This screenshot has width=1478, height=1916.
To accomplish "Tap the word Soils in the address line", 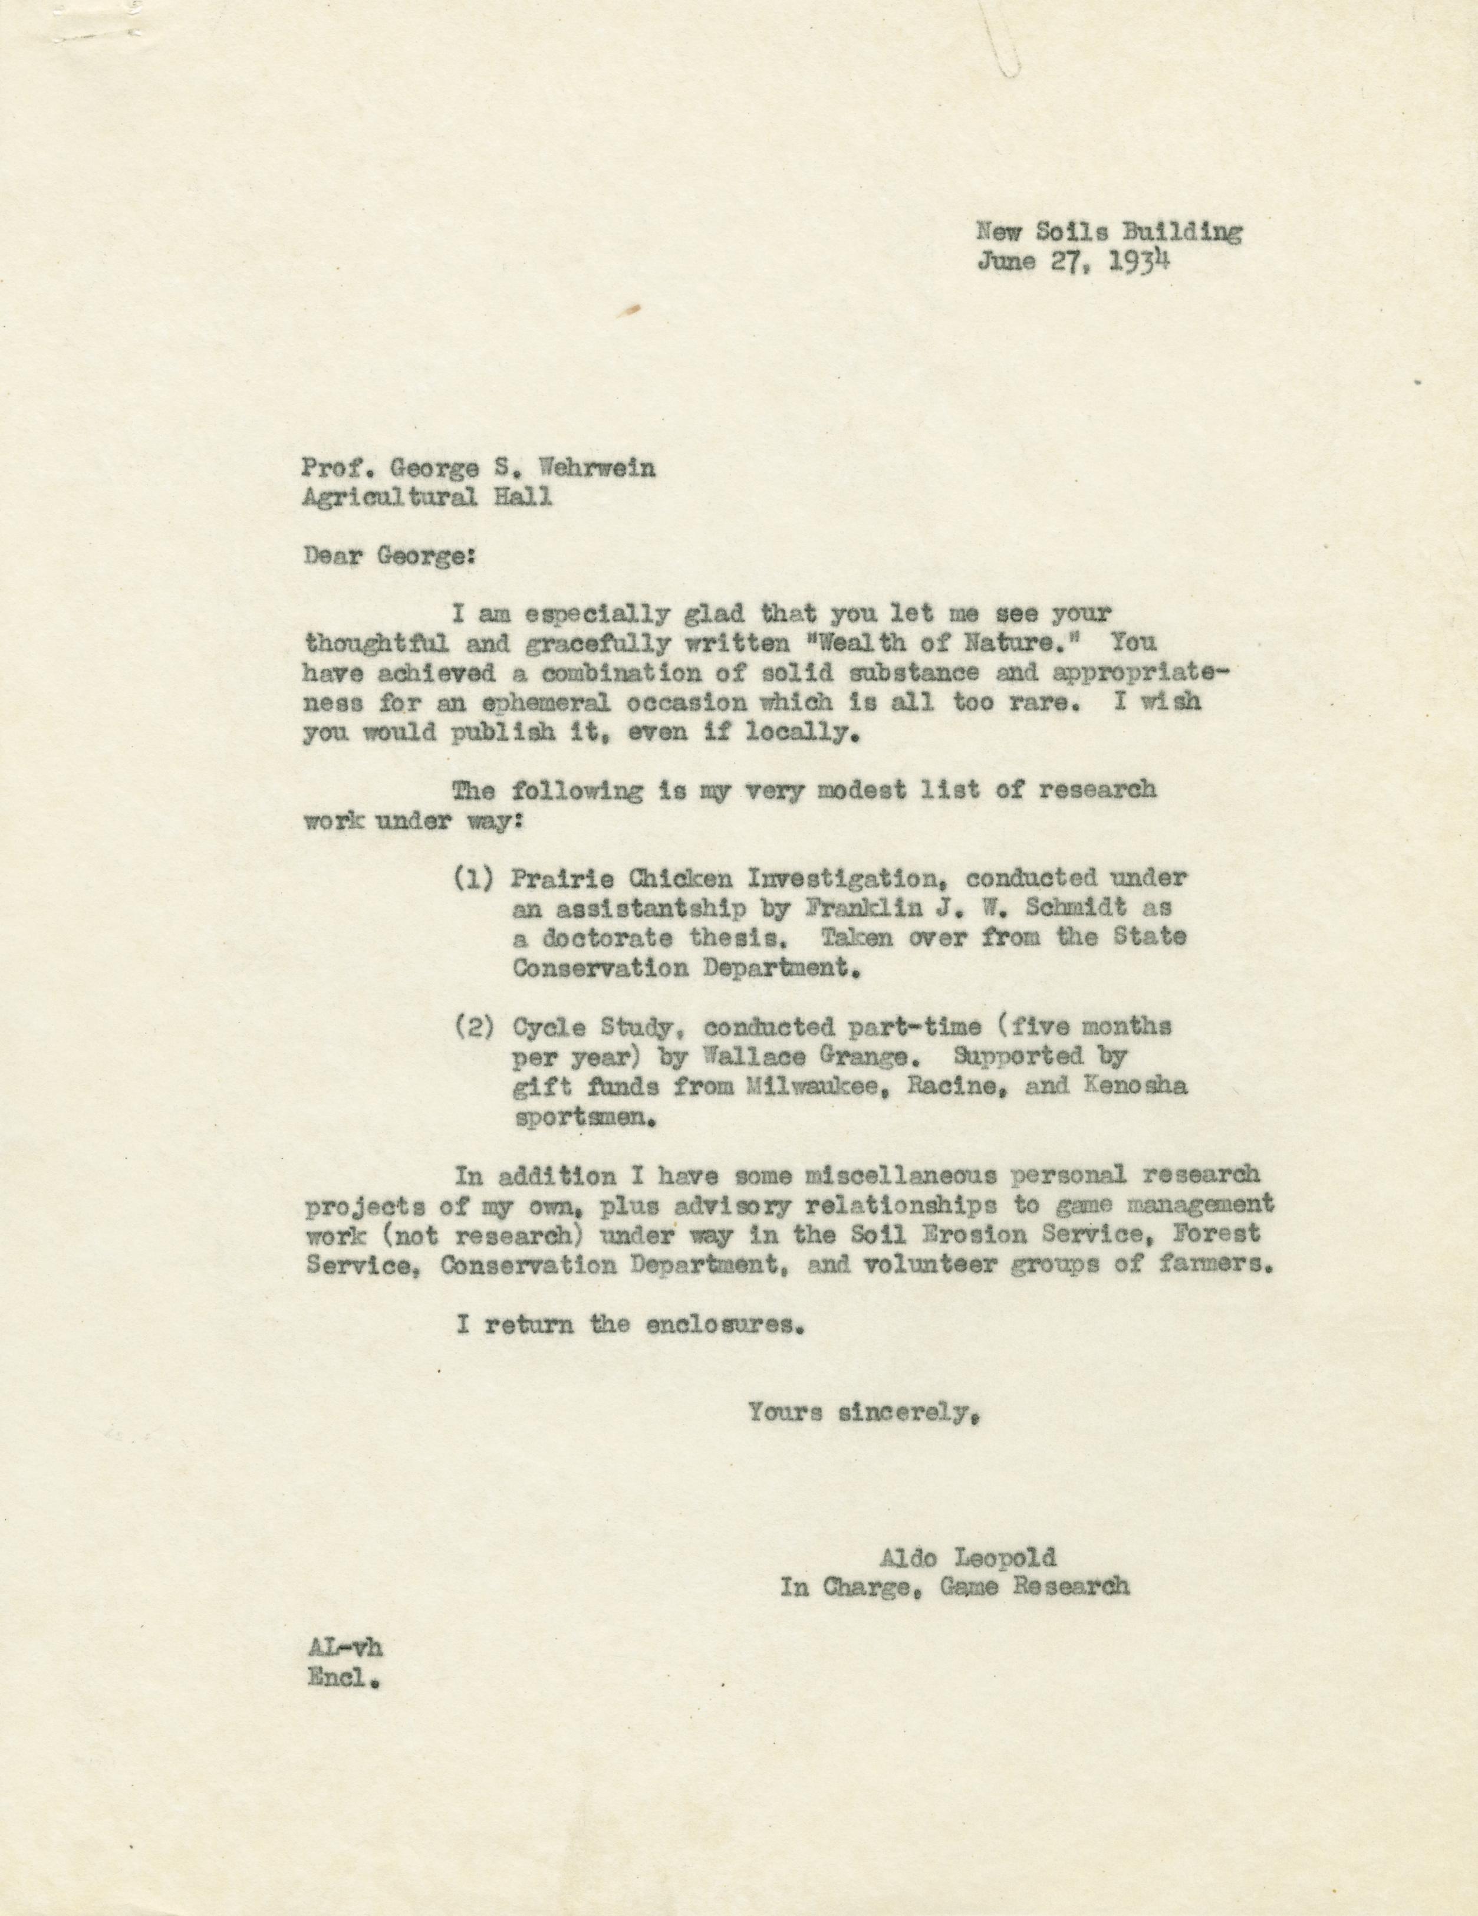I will [1074, 232].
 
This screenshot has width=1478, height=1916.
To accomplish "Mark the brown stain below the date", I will [633, 309].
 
